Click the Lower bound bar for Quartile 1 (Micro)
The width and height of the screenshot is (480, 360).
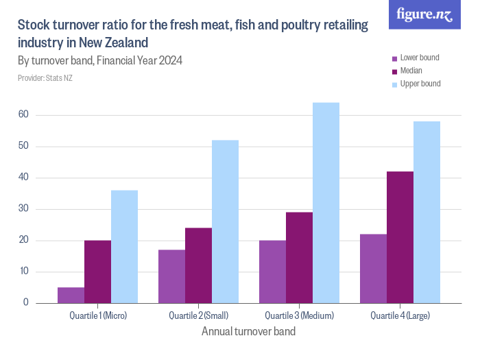point(71,295)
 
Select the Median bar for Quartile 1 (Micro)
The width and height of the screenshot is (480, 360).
point(97,272)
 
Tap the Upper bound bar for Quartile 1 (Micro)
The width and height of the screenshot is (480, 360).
point(124,246)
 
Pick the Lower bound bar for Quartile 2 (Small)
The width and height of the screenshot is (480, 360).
point(171,276)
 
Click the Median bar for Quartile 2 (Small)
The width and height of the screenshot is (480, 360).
point(198,265)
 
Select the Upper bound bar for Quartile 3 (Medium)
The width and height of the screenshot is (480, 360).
point(326,202)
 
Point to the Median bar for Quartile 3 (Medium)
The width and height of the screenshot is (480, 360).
point(299,257)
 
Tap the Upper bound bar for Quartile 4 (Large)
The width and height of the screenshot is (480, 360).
point(427,212)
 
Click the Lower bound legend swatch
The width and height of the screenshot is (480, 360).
point(394,58)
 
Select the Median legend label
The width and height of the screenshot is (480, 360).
point(411,71)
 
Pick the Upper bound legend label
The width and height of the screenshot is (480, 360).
point(420,84)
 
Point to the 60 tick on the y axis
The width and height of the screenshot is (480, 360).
point(23,115)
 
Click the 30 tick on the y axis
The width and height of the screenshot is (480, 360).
point(23,209)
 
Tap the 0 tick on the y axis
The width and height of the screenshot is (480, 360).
point(26,302)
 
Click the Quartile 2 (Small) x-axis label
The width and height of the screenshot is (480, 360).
point(198,316)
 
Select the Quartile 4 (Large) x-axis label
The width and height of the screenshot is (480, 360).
point(400,316)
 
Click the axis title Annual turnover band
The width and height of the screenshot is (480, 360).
point(248,332)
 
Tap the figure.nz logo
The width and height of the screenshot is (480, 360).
point(424,14)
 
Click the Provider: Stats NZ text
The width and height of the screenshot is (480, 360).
point(45,78)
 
